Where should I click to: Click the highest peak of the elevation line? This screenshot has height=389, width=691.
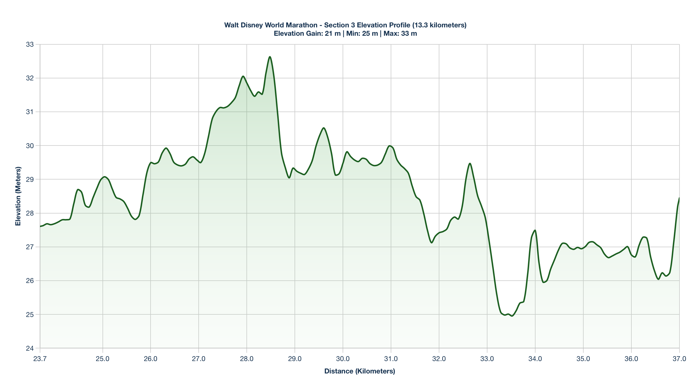pyautogui.click(x=270, y=57)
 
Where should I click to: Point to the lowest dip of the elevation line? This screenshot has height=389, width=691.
pyautogui.click(x=512, y=316)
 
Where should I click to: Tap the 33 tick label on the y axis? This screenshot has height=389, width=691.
pyautogui.click(x=30, y=44)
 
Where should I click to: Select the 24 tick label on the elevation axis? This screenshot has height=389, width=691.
pyautogui.click(x=30, y=348)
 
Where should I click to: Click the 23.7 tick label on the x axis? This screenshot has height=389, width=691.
pyautogui.click(x=40, y=359)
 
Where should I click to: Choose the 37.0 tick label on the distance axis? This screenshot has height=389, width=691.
pyautogui.click(x=679, y=359)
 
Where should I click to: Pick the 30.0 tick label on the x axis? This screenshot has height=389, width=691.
pyautogui.click(x=343, y=359)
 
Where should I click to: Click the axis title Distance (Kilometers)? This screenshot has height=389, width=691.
pyautogui.click(x=360, y=371)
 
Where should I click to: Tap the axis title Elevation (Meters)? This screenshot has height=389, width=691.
pyautogui.click(x=18, y=196)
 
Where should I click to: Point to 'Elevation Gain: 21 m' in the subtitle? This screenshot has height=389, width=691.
pyautogui.click(x=307, y=33)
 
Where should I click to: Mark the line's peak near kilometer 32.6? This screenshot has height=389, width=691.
pyautogui.click(x=470, y=163)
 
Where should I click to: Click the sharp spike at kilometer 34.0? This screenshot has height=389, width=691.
pyautogui.click(x=535, y=230)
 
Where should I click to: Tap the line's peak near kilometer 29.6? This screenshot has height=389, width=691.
pyautogui.click(x=324, y=128)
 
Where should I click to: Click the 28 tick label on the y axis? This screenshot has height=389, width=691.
pyautogui.click(x=30, y=213)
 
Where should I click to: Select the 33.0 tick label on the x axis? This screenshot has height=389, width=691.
pyautogui.click(x=487, y=359)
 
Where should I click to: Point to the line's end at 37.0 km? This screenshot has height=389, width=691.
pyautogui.click(x=679, y=198)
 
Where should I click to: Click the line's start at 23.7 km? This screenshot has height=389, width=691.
pyautogui.click(x=40, y=226)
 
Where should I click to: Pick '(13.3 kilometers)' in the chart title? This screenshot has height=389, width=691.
pyautogui.click(x=439, y=25)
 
